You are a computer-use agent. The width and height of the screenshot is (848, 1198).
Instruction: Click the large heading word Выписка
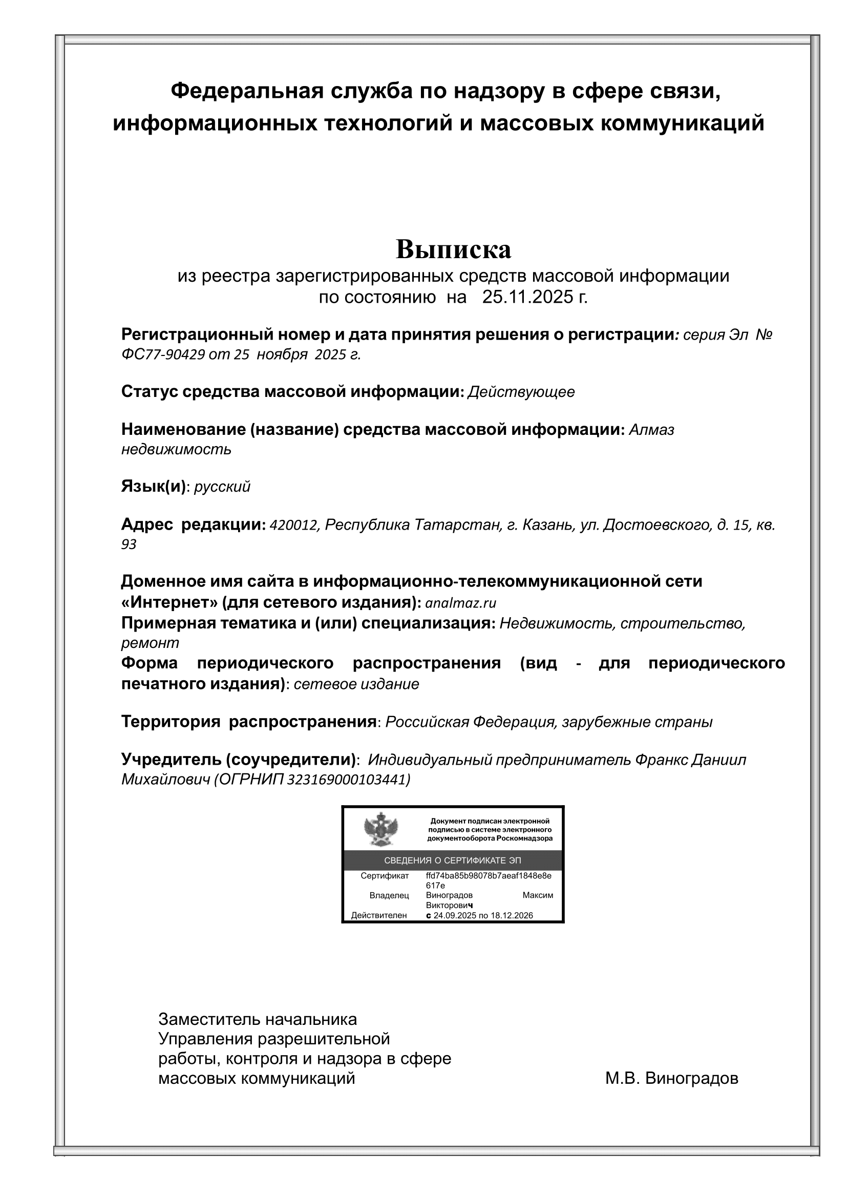(453, 249)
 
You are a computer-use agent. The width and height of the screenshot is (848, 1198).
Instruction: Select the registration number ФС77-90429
(162, 354)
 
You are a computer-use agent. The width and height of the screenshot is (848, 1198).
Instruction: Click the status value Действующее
(521, 392)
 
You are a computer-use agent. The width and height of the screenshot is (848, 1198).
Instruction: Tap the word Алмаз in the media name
(651, 429)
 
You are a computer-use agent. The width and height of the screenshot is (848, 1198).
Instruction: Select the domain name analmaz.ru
(460, 603)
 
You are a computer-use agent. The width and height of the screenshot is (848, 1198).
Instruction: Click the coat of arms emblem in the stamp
(380, 830)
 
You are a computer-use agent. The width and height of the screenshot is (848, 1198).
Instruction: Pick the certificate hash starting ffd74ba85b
(488, 876)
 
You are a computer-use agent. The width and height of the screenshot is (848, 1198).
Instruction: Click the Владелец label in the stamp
(389, 895)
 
